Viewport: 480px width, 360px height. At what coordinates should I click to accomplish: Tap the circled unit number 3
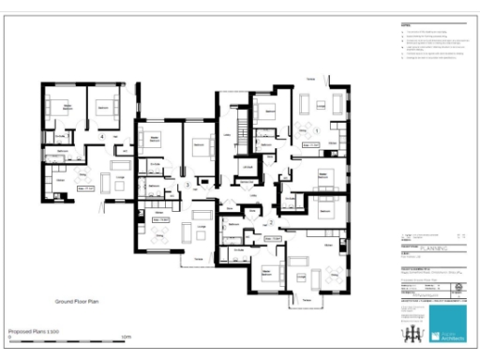[187, 185]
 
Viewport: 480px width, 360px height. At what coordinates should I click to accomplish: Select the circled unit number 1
[316, 128]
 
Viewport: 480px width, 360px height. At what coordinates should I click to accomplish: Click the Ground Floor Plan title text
[78, 302]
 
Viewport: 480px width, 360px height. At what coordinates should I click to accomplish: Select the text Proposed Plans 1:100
[35, 331]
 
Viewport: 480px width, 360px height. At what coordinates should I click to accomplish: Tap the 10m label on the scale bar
[125, 337]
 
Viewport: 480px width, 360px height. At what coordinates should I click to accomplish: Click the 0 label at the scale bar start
[8, 337]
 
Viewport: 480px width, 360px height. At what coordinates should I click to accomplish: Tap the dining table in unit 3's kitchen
[160, 232]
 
